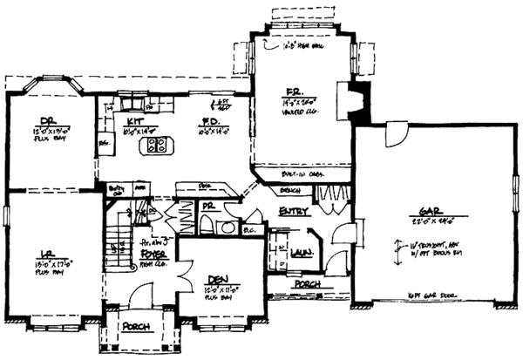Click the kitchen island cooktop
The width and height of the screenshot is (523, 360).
click(x=158, y=146)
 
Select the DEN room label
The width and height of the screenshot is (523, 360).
click(x=217, y=280)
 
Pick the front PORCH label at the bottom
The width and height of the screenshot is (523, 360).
click(x=138, y=327)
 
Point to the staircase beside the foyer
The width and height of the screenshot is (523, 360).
click(x=117, y=245)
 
